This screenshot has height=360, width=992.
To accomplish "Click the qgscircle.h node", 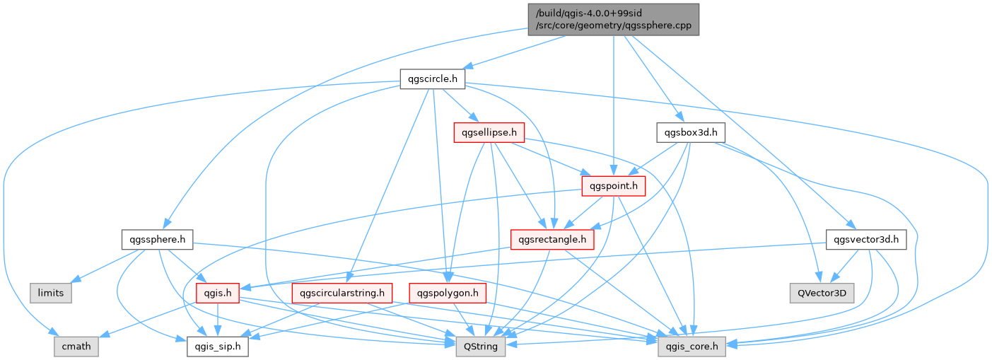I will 431,79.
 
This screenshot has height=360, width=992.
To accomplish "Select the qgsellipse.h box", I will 489,132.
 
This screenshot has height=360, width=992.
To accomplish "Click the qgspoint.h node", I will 614,187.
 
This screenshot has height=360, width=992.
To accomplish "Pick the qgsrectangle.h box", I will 552,240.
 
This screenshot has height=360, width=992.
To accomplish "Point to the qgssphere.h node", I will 157,240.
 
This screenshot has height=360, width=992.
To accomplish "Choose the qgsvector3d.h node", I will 865,240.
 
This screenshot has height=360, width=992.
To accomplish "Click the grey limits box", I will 50,293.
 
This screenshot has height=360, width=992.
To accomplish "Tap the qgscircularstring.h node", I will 342,293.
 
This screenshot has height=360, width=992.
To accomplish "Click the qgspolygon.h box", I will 447,293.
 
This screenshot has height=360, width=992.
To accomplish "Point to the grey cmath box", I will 76,347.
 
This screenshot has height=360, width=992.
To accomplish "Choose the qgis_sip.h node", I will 217,347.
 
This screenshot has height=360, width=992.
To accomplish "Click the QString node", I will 481,347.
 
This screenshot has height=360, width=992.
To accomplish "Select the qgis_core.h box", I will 689,347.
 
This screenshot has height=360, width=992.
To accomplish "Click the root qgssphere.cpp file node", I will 613,19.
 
